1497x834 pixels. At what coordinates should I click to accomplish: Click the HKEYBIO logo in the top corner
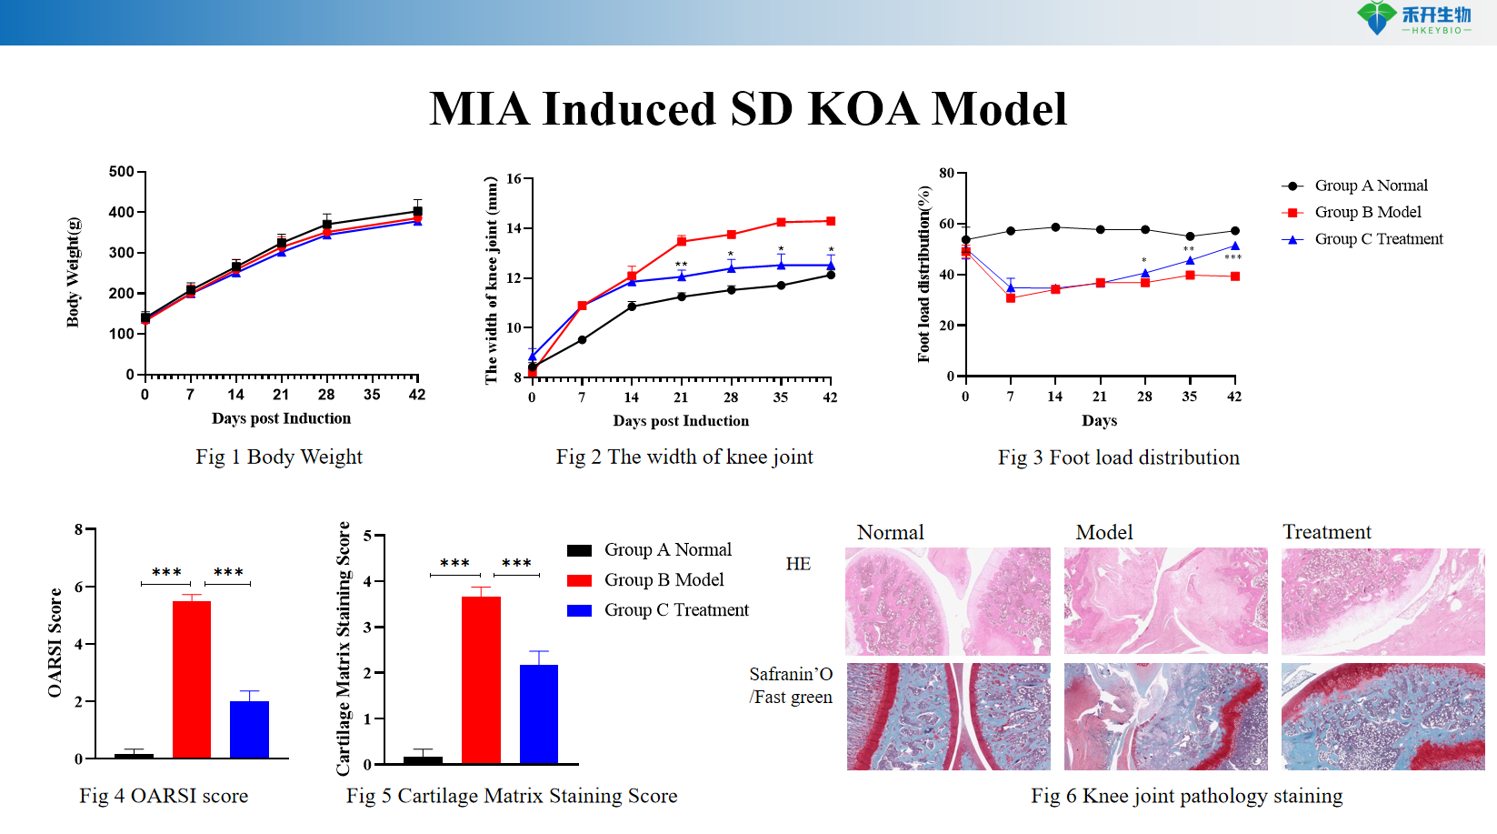click(1413, 18)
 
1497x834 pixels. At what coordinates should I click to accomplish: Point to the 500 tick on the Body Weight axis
click(122, 172)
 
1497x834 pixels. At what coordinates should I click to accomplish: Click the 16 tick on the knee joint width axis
click(514, 179)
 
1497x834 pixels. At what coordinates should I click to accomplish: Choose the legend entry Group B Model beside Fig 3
click(1367, 212)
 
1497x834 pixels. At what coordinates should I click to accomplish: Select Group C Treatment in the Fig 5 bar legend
click(675, 610)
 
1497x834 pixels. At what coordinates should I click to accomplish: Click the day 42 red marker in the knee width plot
click(831, 221)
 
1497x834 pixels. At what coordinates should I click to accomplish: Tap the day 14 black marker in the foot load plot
click(1055, 227)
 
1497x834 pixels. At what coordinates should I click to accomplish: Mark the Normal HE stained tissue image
click(947, 601)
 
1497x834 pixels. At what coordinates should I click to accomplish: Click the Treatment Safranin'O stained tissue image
click(1382, 717)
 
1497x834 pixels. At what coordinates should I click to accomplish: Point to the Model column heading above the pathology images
click(1104, 532)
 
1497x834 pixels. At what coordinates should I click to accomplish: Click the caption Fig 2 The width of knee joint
click(684, 457)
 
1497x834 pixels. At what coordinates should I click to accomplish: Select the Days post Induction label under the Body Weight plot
click(281, 418)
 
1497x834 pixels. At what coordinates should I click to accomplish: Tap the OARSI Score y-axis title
click(55, 642)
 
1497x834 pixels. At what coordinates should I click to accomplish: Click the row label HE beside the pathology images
click(798, 564)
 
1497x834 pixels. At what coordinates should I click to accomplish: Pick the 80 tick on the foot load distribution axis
click(947, 173)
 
